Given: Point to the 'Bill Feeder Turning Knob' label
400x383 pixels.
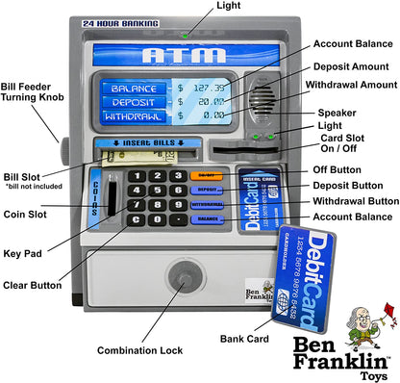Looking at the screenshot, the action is point(34,93).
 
